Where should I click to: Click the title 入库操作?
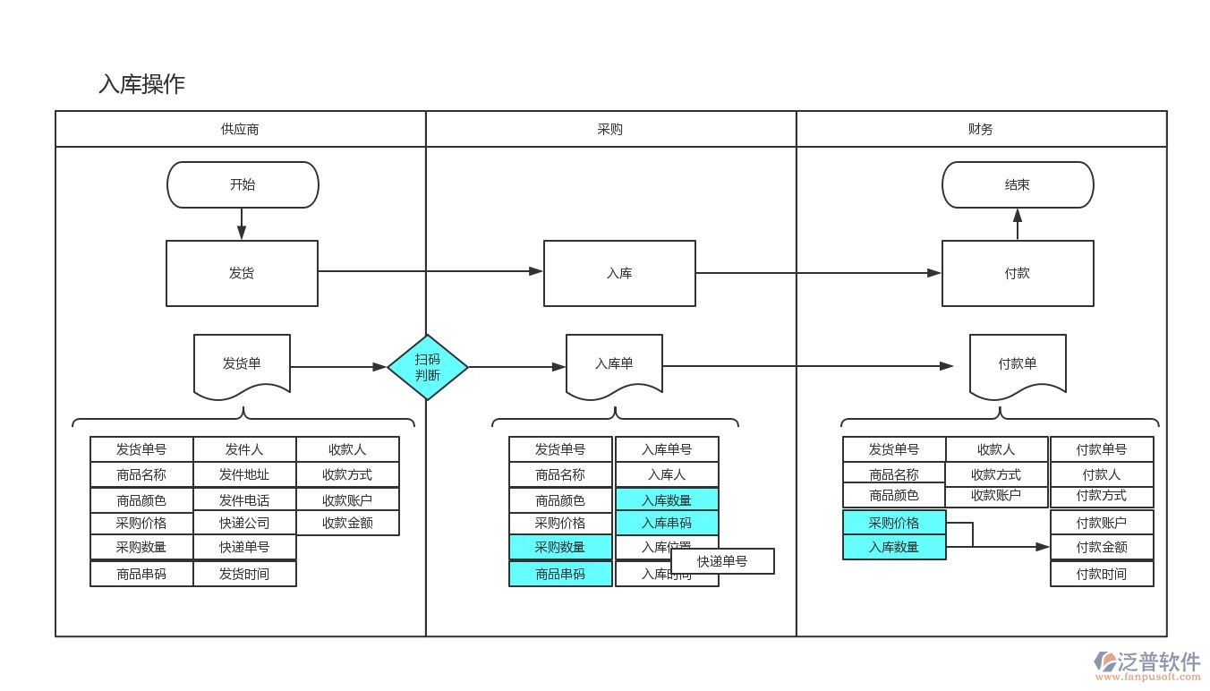tap(141, 84)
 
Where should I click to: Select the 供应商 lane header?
tap(240, 129)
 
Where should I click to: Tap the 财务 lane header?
tap(981, 129)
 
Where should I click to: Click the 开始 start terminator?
tap(243, 185)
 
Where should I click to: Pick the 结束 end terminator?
tap(1018, 185)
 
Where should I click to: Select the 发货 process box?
tap(242, 273)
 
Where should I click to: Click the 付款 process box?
tap(1018, 273)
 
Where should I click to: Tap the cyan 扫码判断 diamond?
tap(428, 367)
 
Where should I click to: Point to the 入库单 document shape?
tap(614, 364)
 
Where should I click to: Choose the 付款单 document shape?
tap(1018, 364)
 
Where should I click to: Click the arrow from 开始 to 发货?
tap(242, 224)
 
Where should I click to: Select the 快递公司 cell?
tap(244, 523)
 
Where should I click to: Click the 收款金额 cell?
tap(347, 523)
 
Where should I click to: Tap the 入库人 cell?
tap(667, 474)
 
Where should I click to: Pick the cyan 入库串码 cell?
tap(667, 523)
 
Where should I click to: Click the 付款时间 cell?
tap(1102, 574)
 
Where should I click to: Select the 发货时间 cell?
tap(244, 574)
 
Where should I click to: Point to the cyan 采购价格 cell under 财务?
tap(894, 523)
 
